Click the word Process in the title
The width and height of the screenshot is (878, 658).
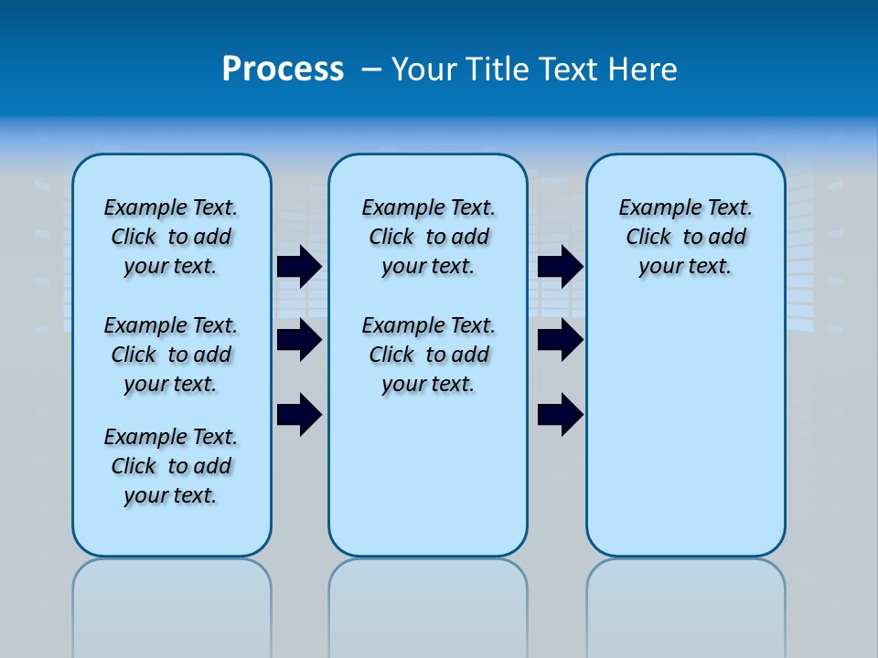tap(283, 69)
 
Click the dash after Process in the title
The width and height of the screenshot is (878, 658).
tap(372, 69)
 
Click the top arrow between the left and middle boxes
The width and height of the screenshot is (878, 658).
tap(299, 266)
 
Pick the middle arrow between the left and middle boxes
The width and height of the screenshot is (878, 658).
tap(299, 340)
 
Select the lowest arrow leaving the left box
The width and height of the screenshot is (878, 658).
tap(299, 414)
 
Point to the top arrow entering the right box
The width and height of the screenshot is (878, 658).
tap(560, 266)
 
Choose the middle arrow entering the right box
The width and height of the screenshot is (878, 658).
tap(560, 340)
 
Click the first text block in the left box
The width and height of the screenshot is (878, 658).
tap(171, 237)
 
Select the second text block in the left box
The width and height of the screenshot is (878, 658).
tap(171, 355)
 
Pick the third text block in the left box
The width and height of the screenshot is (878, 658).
tap(171, 466)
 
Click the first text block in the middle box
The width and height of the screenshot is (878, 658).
tap(428, 237)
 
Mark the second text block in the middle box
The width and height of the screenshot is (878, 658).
tap(428, 355)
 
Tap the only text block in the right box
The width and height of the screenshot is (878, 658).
tap(685, 237)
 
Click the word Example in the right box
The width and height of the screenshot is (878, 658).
tap(652, 207)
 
